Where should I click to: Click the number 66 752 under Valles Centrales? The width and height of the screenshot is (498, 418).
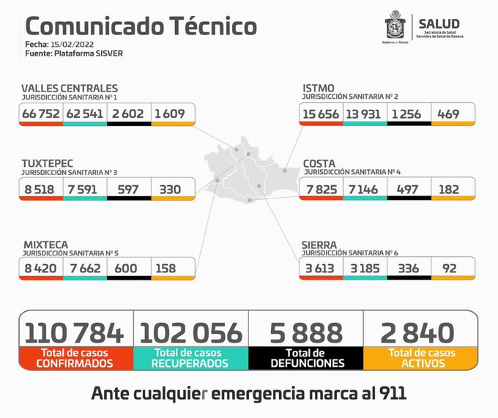pyautogui.click(x=41, y=113)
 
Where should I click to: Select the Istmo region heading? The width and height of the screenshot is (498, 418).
pyautogui.click(x=319, y=88)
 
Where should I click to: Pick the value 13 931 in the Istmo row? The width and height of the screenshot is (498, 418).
pyautogui.click(x=365, y=113)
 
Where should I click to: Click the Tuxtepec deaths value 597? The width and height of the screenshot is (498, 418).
pyautogui.click(x=129, y=188)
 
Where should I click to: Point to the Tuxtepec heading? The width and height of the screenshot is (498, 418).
pyautogui.click(x=47, y=163)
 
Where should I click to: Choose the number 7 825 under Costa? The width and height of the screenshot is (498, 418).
pyautogui.click(x=321, y=188)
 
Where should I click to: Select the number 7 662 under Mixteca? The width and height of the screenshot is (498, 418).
pyautogui.click(x=85, y=269)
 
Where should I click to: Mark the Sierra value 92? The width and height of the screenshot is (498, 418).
pyautogui.click(x=445, y=269)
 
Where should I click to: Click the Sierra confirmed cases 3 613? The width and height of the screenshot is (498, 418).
pyautogui.click(x=321, y=269)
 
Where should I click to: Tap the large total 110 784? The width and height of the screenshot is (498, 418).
pyautogui.click(x=75, y=333)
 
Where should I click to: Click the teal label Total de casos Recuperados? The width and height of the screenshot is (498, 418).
pyautogui.click(x=190, y=358)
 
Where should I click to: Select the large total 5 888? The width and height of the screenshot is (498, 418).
pyautogui.click(x=306, y=333)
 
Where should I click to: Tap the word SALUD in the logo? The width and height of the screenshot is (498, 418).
pyautogui.click(x=439, y=24)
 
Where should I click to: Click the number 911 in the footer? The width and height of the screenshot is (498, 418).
pyautogui.click(x=390, y=393)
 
